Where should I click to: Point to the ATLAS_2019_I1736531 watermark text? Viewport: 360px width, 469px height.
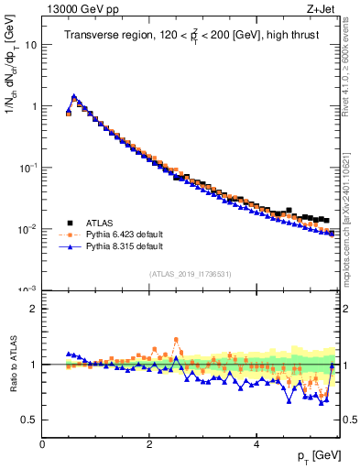coord(189,274)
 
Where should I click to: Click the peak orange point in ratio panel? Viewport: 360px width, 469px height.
coord(176,340)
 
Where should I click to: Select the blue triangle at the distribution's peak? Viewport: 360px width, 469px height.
coord(74,95)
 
